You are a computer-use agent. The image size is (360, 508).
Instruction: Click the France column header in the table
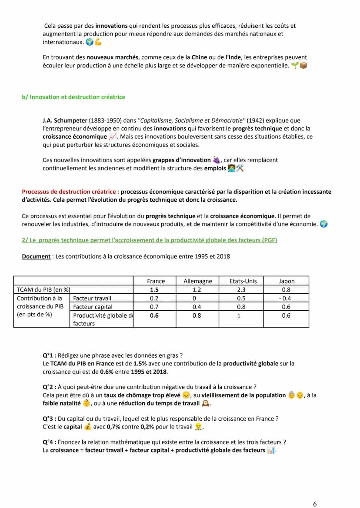click(x=156, y=281)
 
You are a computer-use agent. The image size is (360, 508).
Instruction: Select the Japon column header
click(x=287, y=281)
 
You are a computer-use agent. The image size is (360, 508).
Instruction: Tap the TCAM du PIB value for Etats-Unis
click(x=241, y=290)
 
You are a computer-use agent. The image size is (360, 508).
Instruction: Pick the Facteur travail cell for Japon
click(x=287, y=299)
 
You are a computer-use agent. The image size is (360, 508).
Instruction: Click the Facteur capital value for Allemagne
click(x=197, y=307)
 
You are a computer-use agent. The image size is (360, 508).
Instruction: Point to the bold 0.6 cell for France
click(x=154, y=315)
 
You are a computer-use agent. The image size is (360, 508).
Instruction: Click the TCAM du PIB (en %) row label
click(x=43, y=290)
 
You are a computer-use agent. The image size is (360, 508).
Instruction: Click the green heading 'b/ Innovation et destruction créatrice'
click(x=73, y=97)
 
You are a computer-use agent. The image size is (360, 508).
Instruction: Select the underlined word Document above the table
click(x=36, y=256)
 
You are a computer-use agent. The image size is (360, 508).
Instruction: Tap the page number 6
click(x=315, y=504)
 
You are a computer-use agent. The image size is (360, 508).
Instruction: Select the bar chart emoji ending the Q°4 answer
click(x=271, y=451)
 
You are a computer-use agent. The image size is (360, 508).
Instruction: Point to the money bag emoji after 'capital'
click(x=87, y=427)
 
